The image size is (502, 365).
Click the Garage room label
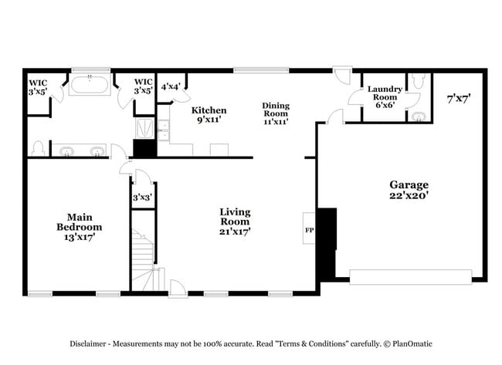[x=409, y=190]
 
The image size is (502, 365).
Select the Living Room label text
[x=235, y=221]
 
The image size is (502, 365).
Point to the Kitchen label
[x=209, y=115]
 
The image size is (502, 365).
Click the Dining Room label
[x=276, y=113]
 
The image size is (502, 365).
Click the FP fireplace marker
[x=308, y=229]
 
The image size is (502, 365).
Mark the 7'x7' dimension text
[x=459, y=98]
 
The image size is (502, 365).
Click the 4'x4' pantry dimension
[x=169, y=86]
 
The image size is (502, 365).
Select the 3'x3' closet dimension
[x=142, y=198]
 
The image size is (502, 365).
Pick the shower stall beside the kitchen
[x=144, y=127]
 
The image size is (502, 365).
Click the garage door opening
[x=411, y=275]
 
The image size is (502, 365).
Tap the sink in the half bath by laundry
[x=417, y=117]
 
